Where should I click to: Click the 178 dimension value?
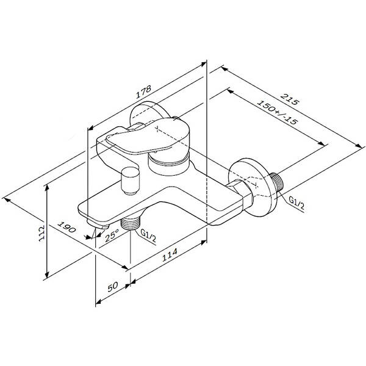point(143,91)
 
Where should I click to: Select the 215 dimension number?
point(289,99)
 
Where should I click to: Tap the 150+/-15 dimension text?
point(277,112)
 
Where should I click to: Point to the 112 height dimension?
point(41,233)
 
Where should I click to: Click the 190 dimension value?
point(66,227)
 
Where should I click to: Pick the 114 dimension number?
point(170,254)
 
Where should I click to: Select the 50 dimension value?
point(113,287)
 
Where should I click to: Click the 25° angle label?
point(112,235)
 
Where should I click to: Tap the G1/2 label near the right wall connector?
point(296,203)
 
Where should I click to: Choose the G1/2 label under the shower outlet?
point(148,235)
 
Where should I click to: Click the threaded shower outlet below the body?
point(130,223)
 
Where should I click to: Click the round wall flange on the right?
point(254,187)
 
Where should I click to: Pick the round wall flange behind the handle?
point(149,114)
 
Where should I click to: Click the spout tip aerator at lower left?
point(98,224)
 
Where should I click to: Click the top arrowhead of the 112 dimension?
point(47,188)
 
